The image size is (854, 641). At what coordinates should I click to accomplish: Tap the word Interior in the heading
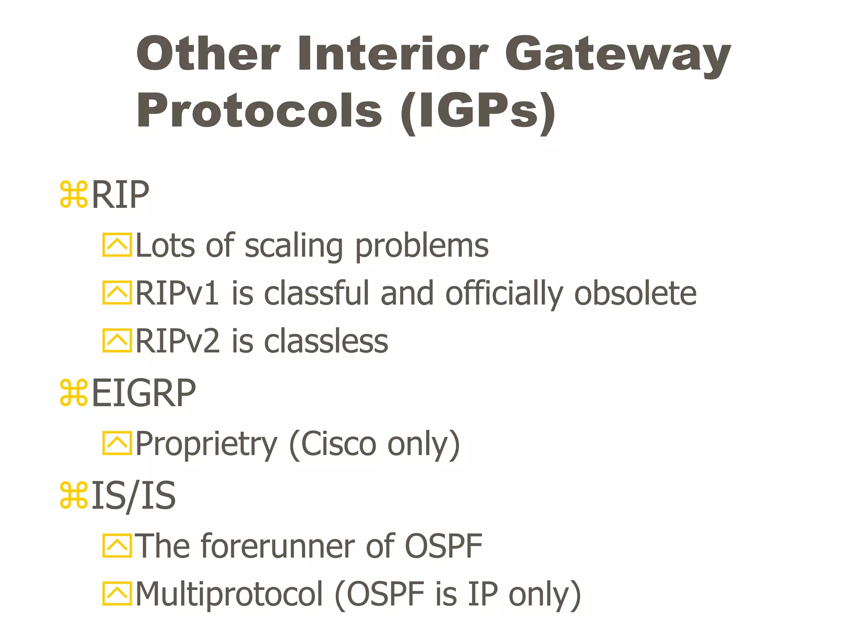(392, 54)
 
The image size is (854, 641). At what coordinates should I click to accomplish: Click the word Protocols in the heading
(259, 111)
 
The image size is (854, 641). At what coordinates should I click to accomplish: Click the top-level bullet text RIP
(120, 195)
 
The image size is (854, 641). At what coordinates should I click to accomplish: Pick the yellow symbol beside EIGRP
(74, 393)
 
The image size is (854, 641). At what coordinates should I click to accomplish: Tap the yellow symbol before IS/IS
(74, 495)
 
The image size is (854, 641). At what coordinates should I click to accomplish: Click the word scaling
(294, 246)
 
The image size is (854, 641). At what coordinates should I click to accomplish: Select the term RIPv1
(177, 293)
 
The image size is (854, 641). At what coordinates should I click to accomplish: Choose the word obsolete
(635, 293)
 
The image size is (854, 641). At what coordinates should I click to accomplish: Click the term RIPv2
(177, 341)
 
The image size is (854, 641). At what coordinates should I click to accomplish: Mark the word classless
(326, 341)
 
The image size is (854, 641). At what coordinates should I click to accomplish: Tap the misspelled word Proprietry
(206, 444)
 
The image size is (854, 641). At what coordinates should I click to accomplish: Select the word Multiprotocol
(229, 594)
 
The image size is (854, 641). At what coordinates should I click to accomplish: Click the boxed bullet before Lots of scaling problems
(117, 245)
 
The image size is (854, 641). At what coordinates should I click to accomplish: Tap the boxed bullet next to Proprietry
(117, 443)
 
